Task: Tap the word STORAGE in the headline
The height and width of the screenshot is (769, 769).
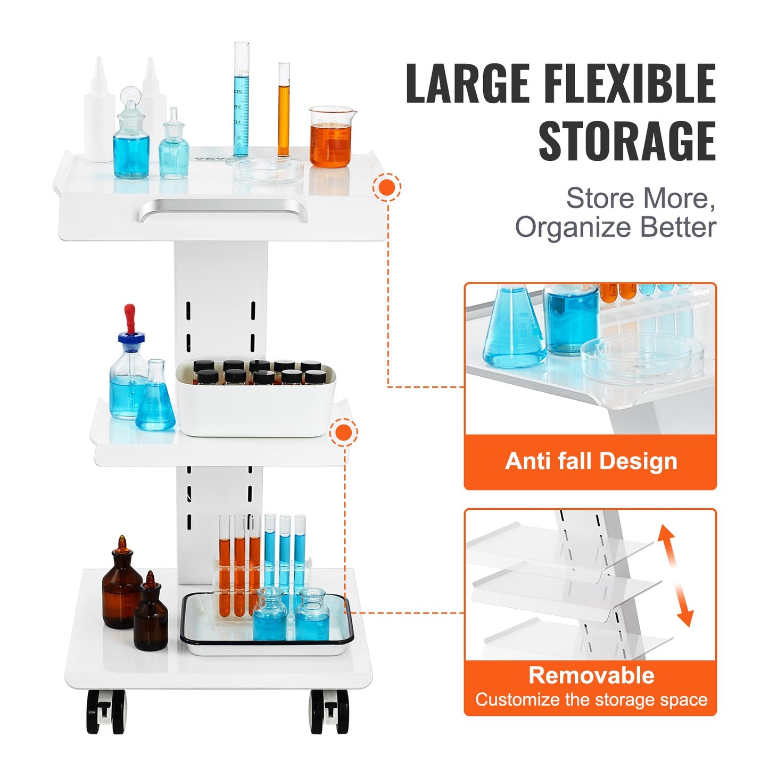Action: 626,141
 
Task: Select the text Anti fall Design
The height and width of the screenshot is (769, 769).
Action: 591,461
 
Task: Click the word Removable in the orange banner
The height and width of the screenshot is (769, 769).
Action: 591,675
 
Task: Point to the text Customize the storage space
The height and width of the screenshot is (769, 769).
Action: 591,699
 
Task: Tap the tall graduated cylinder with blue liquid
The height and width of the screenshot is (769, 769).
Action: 241,101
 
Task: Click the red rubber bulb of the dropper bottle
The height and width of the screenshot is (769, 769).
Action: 129,317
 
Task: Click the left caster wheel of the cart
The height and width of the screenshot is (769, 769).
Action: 106,712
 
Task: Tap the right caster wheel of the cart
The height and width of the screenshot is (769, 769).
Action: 329,712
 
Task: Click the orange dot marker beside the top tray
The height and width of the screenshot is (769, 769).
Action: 387,187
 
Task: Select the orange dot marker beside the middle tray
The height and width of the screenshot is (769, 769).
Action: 344,433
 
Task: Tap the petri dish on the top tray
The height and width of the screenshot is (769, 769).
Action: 268,171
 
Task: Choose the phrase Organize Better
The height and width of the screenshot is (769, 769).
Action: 615,227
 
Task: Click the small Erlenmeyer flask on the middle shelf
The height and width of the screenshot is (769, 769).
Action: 155,399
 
